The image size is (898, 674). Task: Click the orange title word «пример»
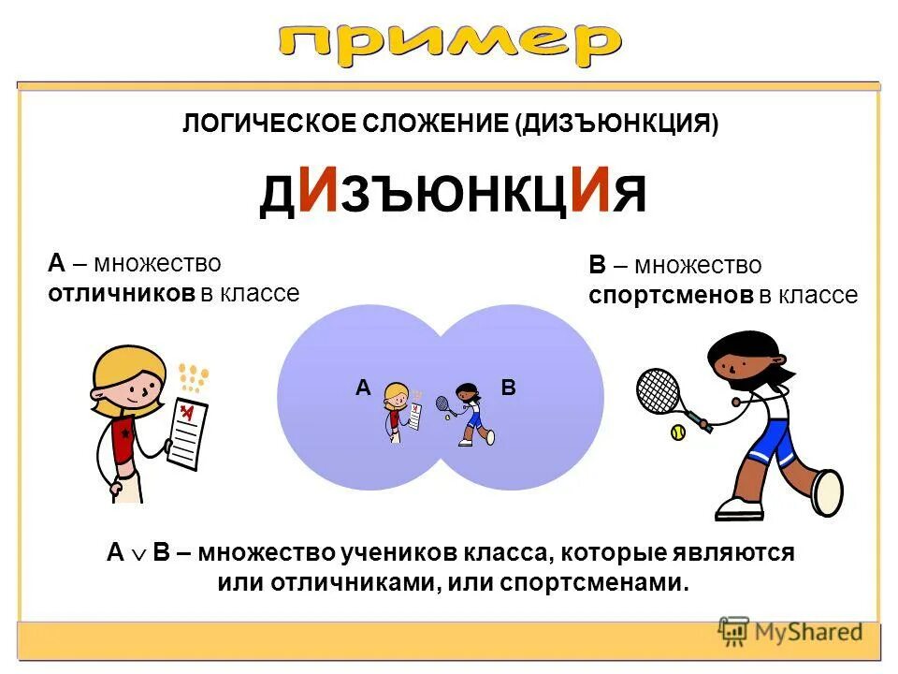pyautogui.click(x=449, y=42)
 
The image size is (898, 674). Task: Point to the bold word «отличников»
pyautogui.click(x=122, y=293)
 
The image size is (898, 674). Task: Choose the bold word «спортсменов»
pyautogui.click(x=671, y=296)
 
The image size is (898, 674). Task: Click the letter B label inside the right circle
pyautogui.click(x=509, y=386)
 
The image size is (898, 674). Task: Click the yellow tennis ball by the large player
pyautogui.click(x=677, y=433)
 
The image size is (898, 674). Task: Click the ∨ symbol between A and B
pyautogui.click(x=137, y=554)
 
